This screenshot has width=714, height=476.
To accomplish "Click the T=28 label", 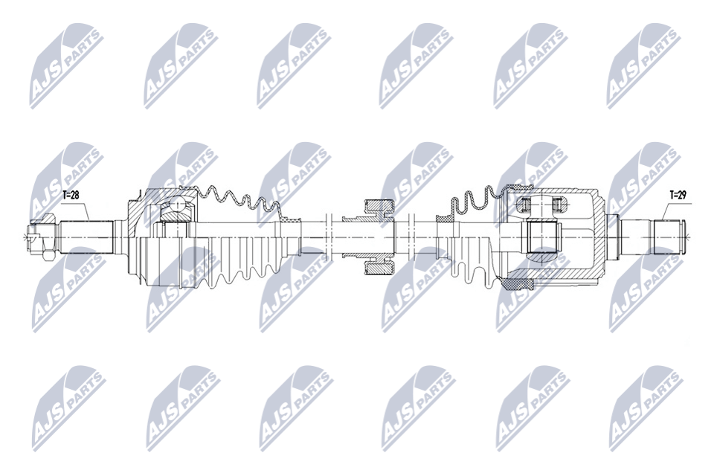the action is click(71, 196).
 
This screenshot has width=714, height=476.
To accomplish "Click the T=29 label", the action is click(678, 196).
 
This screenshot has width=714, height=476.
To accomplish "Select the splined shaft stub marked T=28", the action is click(86, 237).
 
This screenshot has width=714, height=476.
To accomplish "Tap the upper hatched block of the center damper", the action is click(379, 208).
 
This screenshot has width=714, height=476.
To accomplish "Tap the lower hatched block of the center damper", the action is click(379, 266).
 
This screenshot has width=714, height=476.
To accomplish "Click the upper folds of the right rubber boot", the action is click(476, 200).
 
